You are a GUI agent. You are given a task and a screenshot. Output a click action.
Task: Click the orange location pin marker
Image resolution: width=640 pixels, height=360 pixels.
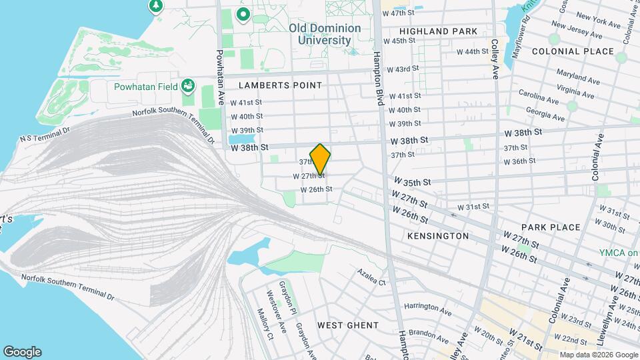pos(321,159)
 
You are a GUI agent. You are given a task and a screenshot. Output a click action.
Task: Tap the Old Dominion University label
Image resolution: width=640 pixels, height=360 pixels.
pos(325,34)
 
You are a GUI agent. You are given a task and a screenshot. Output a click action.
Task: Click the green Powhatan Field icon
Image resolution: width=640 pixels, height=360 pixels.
pos(188,85)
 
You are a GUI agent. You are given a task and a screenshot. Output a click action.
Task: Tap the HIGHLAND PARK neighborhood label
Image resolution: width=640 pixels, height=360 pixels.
pos(438,31)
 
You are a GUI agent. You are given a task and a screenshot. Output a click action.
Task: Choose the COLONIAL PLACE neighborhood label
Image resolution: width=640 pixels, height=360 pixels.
pos(573,51)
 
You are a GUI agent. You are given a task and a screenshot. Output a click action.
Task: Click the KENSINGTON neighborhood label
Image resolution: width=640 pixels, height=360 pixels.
pos(437,236)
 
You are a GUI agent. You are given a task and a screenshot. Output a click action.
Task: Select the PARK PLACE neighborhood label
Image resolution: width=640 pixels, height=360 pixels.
pos(551,227)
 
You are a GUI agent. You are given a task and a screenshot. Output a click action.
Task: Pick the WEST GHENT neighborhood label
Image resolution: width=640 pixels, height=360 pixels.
pos(347,325)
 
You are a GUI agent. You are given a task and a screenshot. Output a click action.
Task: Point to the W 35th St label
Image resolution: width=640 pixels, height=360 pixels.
pos(412,181)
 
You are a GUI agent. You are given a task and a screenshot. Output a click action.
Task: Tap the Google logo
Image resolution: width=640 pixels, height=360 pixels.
pos(22,352)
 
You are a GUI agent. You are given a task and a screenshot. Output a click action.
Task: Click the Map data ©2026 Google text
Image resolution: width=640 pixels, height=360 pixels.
pos(597,355)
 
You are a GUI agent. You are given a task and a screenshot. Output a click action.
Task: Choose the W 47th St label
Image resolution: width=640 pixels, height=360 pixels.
pos(398,13)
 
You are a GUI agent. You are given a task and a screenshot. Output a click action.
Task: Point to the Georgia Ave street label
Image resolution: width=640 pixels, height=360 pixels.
pos(545,115)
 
